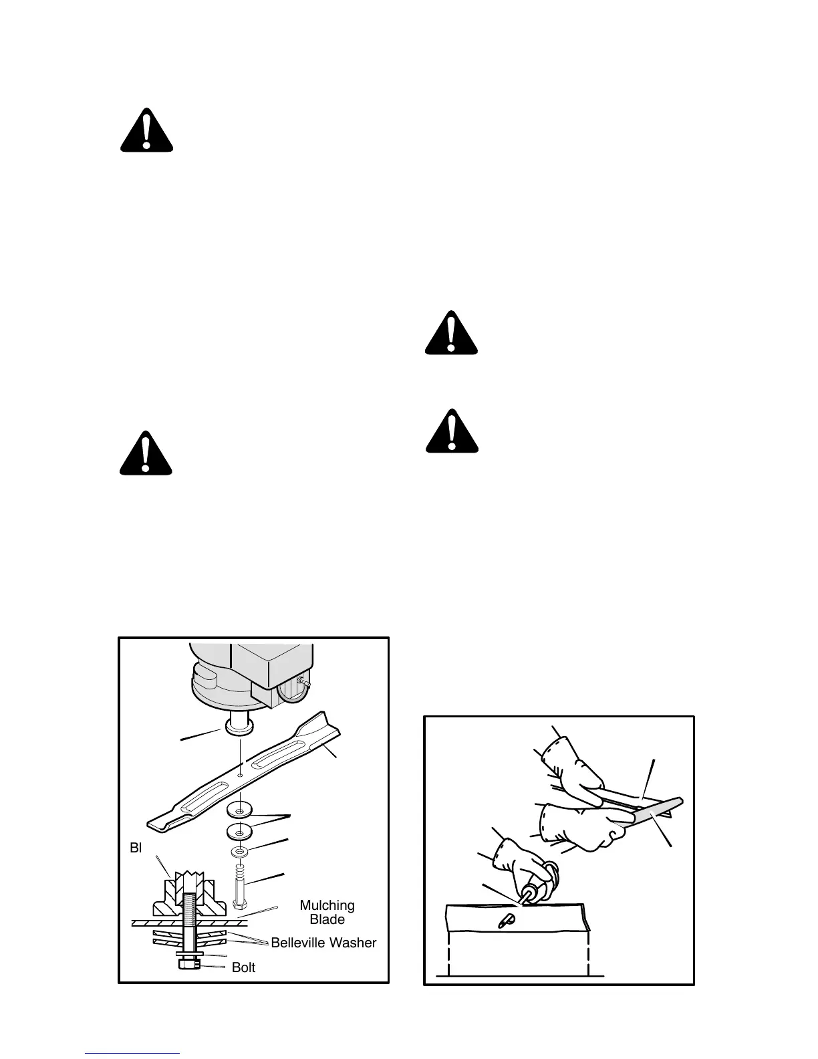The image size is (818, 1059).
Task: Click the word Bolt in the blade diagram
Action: click(x=243, y=967)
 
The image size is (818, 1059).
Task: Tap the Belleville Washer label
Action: click(x=323, y=943)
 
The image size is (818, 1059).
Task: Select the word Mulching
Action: click(x=327, y=905)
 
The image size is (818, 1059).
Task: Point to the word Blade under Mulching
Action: click(x=327, y=919)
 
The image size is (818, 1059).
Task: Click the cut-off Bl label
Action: click(x=136, y=848)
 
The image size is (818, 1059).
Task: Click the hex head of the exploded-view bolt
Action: click(x=239, y=905)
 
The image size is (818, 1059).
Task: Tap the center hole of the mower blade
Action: click(x=239, y=776)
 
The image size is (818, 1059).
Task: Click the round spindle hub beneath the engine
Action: click(x=239, y=726)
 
